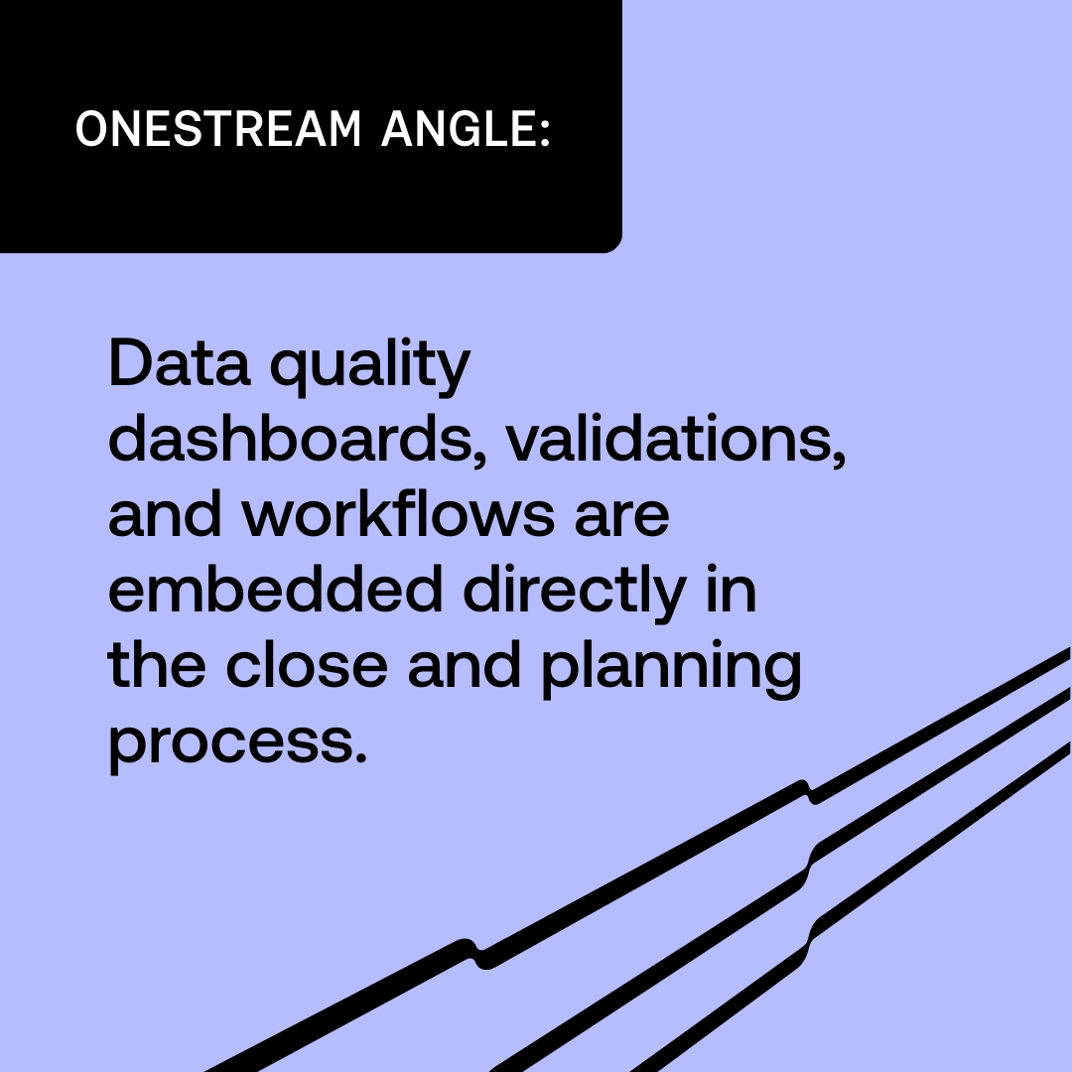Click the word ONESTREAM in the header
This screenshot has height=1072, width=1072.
click(218, 129)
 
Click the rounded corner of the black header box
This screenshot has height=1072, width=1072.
click(612, 243)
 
